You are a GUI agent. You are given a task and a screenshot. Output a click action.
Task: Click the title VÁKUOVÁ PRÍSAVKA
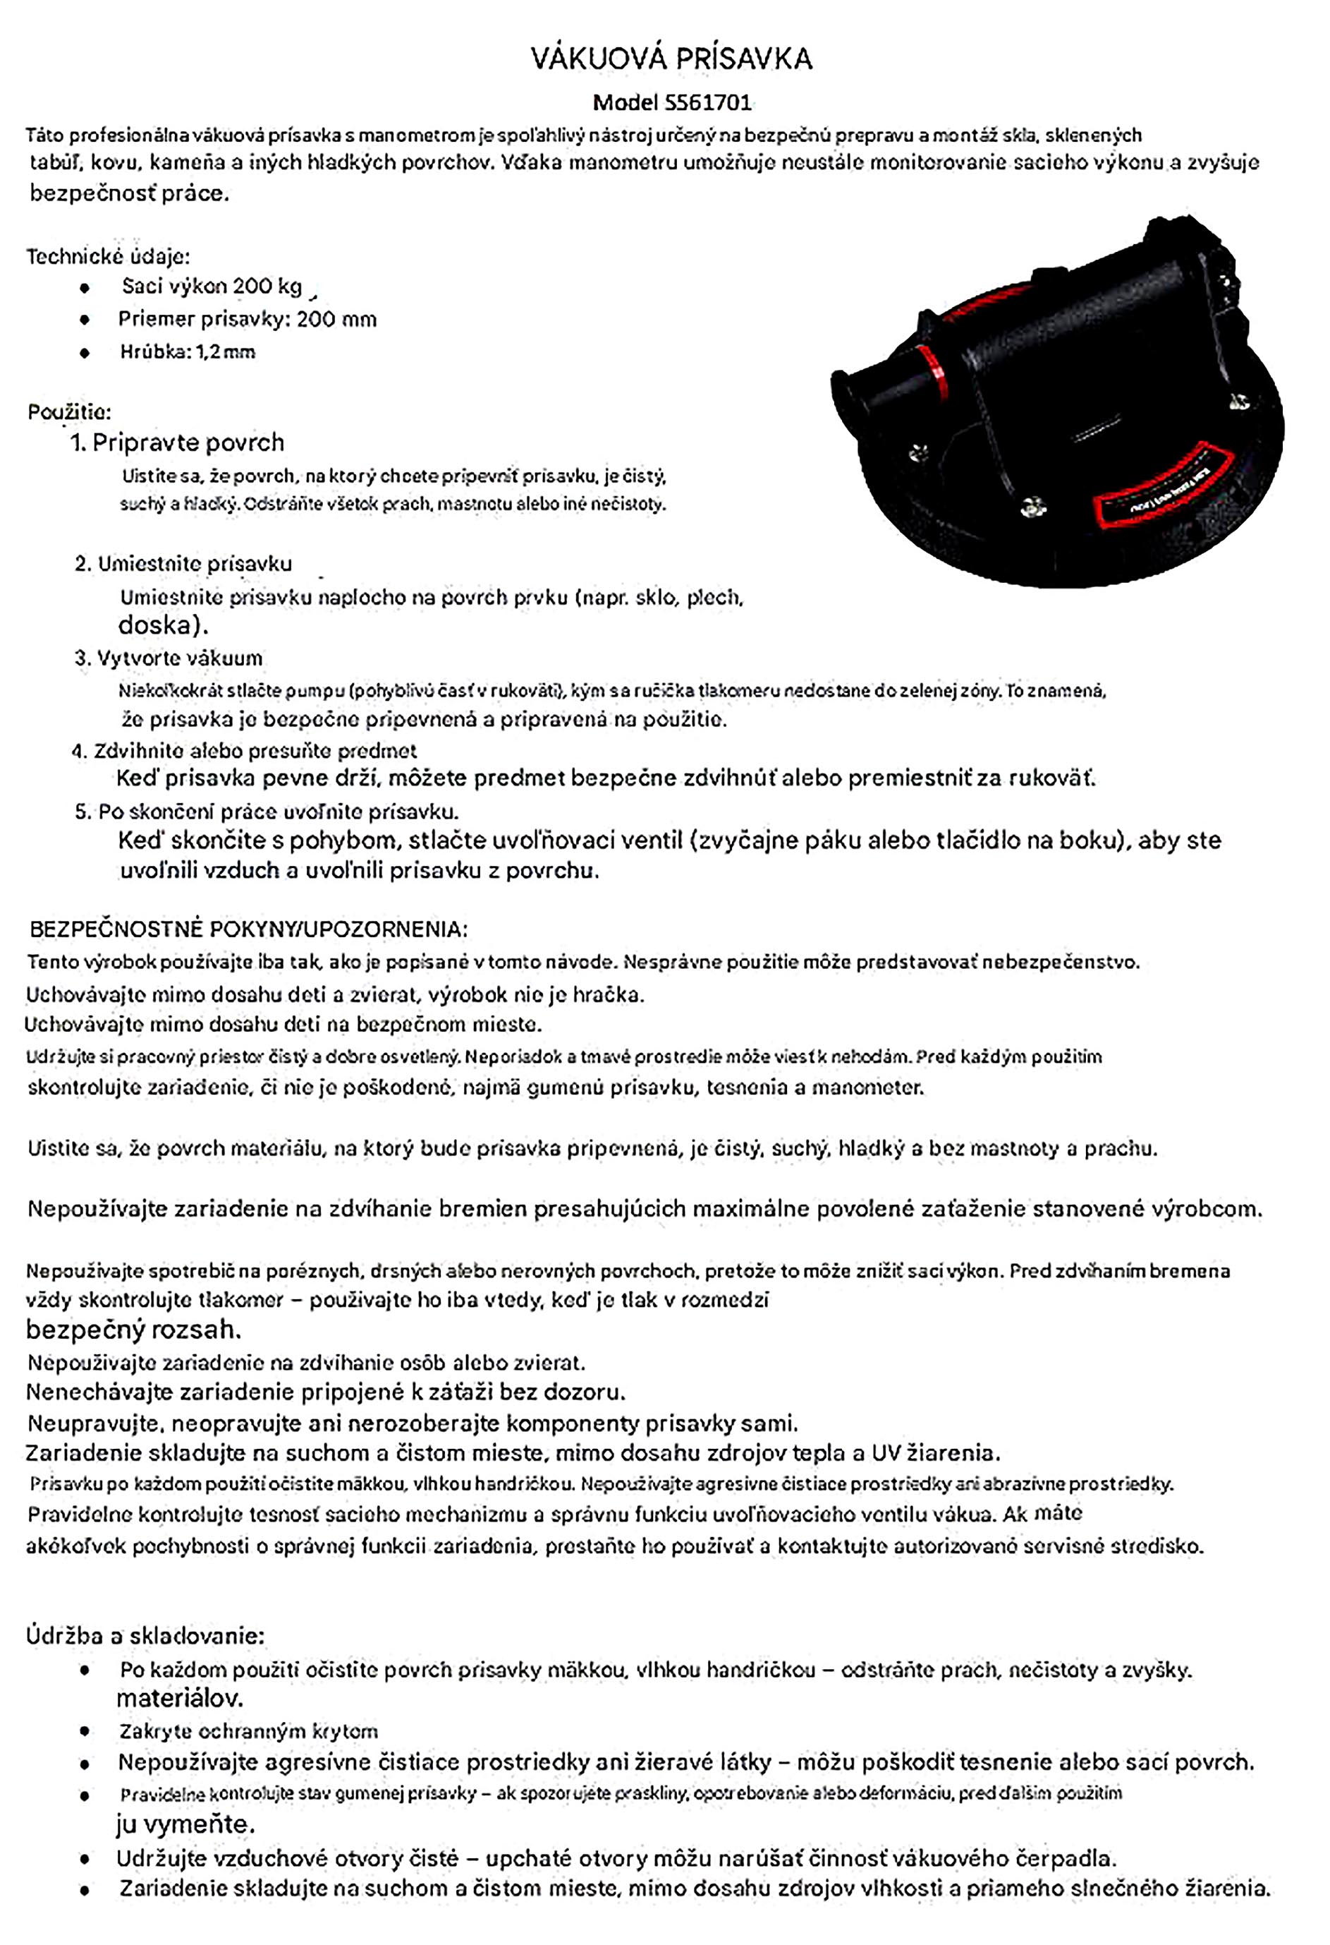tap(671, 59)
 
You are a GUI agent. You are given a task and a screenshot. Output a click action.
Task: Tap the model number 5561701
tap(707, 103)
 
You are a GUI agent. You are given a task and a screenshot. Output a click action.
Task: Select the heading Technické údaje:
tap(108, 256)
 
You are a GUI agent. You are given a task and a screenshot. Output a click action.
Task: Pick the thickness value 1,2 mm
tap(226, 351)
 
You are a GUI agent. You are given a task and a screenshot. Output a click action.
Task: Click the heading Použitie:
tap(69, 411)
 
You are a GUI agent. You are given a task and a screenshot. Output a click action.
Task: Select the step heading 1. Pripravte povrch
tap(177, 442)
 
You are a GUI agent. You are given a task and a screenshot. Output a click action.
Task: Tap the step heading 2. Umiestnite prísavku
tap(183, 563)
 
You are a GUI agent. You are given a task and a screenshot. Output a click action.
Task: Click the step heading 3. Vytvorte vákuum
tap(168, 658)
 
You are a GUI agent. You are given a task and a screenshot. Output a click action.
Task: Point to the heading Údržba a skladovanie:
tap(145, 1634)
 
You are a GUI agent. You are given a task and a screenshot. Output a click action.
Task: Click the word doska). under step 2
tap(162, 625)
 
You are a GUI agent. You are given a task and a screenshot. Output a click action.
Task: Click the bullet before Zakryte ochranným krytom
tap(85, 1730)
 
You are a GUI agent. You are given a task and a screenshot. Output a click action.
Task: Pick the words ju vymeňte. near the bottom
tap(185, 1824)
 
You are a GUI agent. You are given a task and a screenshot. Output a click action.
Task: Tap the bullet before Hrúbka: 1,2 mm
tap(85, 352)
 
